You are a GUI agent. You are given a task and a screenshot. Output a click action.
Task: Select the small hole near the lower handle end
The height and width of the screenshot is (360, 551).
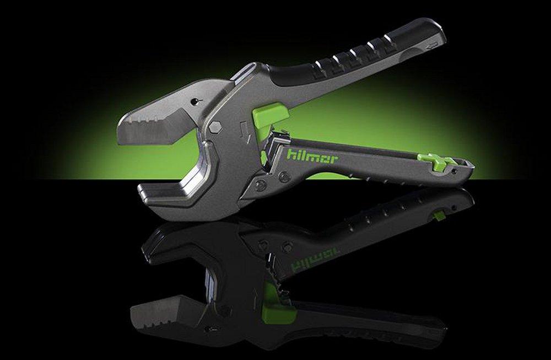pyautogui.click(x=453, y=171)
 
